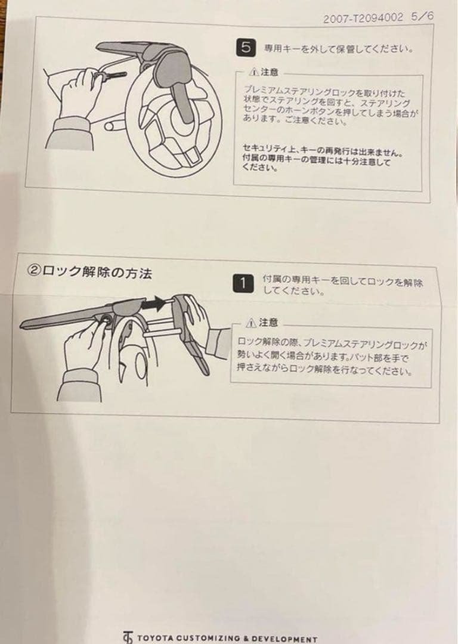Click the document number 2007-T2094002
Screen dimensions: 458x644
(363, 18)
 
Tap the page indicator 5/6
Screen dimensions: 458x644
(422, 17)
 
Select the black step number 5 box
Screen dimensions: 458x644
(246, 48)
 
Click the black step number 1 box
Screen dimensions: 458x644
(243, 283)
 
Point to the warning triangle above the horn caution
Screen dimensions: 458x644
(253, 72)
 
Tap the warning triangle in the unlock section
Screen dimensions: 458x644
(251, 323)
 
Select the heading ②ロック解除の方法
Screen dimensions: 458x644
(89, 272)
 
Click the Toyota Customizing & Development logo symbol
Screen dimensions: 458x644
(128, 637)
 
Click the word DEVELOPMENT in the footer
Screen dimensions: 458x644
(284, 639)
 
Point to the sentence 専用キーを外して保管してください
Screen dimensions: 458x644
(338, 49)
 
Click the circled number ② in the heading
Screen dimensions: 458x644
(33, 271)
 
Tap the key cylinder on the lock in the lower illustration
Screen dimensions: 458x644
(106, 320)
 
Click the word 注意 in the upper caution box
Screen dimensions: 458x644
(270, 72)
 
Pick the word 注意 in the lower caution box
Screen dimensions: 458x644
(268, 323)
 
